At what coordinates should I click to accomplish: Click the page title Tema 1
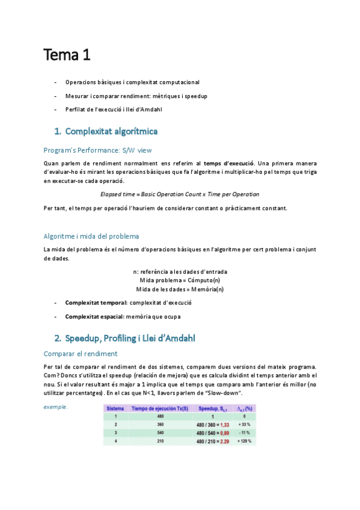click(66, 56)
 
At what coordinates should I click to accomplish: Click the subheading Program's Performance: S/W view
click(98, 150)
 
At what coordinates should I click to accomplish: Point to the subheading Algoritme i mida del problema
click(91, 236)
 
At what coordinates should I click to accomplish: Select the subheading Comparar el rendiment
click(81, 354)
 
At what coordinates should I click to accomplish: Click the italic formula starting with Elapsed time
click(180, 194)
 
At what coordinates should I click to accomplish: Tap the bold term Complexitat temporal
click(91, 303)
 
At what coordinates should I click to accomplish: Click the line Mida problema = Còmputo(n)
click(180, 280)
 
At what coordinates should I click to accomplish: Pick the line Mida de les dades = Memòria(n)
click(180, 289)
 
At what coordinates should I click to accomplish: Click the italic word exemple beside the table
click(55, 407)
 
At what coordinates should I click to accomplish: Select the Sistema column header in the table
click(115, 408)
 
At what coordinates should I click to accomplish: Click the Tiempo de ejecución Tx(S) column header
click(160, 408)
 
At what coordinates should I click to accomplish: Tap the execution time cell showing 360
click(160, 425)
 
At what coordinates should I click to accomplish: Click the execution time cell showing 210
click(160, 441)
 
